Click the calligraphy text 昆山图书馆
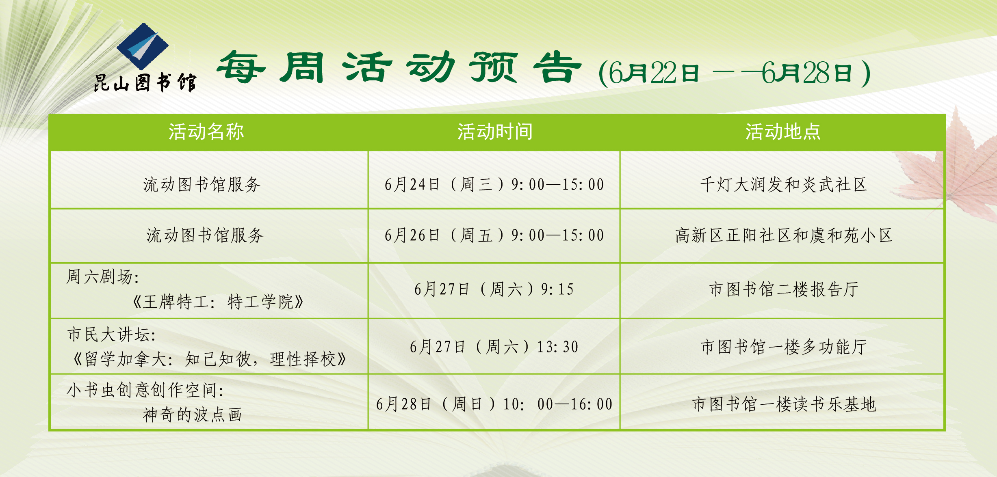click(145, 83)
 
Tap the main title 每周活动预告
click(399, 67)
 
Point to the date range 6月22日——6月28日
click(735, 73)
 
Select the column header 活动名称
click(206, 132)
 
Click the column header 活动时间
click(495, 132)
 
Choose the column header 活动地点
click(783, 132)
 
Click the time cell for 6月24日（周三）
click(494, 185)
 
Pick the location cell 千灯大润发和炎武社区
click(783, 185)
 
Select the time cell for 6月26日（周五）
click(494, 235)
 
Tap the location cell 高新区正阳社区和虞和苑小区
click(784, 235)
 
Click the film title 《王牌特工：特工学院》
click(218, 302)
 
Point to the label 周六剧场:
click(103, 277)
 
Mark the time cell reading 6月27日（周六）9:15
click(494, 289)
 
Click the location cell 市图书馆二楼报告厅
click(784, 289)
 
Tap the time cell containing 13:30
click(494, 347)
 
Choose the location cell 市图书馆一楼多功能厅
click(784, 347)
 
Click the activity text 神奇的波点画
click(193, 415)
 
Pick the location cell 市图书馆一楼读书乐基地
click(784, 404)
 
